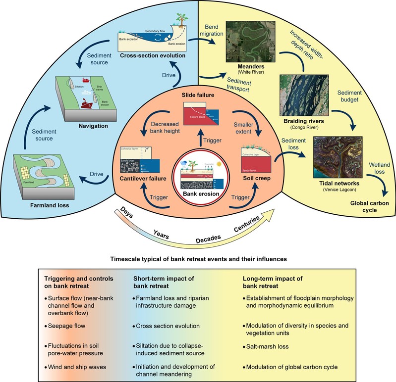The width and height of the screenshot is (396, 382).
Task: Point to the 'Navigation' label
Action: pos(94,126)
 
